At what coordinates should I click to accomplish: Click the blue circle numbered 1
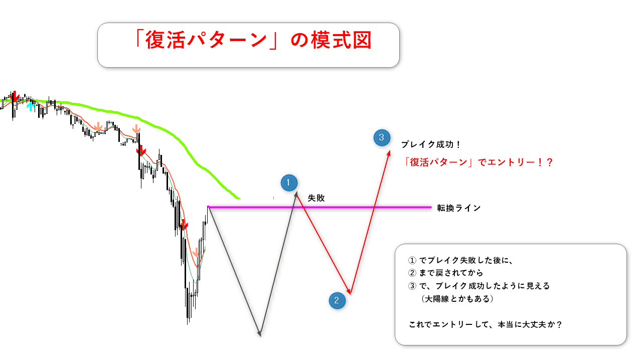point(289,183)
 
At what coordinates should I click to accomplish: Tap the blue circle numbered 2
point(337,300)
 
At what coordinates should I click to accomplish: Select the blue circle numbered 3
point(382,137)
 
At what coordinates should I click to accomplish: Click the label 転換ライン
point(458,208)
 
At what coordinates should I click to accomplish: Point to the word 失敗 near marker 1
point(316,198)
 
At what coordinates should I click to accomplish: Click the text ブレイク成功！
point(431,144)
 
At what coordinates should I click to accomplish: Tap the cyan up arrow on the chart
point(31,106)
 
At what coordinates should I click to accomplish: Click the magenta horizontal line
point(319,207)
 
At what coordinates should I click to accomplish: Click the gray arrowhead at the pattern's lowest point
point(259,334)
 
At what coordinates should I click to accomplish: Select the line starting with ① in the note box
point(460,260)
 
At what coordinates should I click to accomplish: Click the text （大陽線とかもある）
point(457,299)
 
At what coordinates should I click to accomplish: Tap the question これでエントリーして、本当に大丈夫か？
point(485,324)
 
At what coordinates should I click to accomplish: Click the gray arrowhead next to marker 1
point(296,195)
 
